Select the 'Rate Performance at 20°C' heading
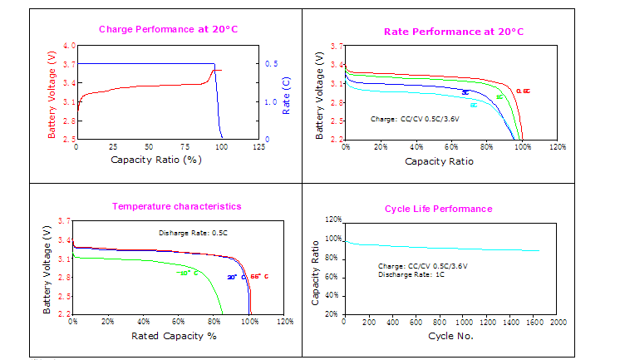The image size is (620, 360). [454, 32]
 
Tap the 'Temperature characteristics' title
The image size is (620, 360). [177, 205]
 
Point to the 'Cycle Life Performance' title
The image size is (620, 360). [438, 209]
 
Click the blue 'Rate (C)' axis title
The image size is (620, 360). [286, 96]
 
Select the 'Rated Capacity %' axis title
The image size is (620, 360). [174, 336]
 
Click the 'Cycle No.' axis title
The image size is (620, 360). [451, 336]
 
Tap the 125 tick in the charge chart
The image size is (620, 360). [258, 146]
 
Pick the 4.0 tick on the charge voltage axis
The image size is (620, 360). [69, 46]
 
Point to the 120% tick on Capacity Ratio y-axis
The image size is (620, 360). [332, 220]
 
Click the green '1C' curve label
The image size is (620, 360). [499, 97]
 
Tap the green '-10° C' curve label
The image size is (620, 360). [189, 273]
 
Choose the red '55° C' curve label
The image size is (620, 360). [260, 276]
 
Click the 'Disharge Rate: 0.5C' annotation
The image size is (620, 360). [192, 233]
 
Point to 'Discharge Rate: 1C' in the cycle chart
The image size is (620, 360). [413, 274]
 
